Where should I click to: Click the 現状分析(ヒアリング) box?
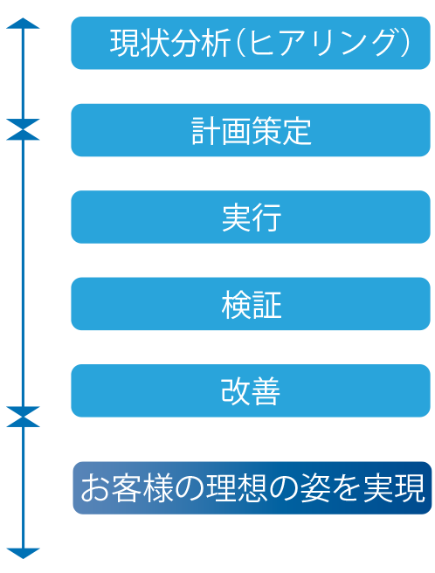pos(251,43)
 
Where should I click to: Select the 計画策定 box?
pos(251,130)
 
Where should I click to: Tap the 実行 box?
pos(251,217)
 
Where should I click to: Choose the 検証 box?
pos(251,304)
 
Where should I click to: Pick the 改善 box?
pos(251,390)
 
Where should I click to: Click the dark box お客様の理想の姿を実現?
pos(252,488)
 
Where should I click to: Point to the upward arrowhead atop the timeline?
pos(23,23)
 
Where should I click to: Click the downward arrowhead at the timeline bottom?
pos(23,554)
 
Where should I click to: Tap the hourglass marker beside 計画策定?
pos(23,130)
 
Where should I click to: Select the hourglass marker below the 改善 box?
pos(23,417)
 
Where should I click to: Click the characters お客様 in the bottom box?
pos(128,488)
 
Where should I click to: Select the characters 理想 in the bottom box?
pos(237,488)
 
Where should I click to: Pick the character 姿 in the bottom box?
pos(314,488)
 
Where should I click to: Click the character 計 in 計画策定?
pos(206,131)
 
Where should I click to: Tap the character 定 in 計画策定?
pos(296,131)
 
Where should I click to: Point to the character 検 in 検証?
pos(236,305)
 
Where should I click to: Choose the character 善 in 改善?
pos(266,391)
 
